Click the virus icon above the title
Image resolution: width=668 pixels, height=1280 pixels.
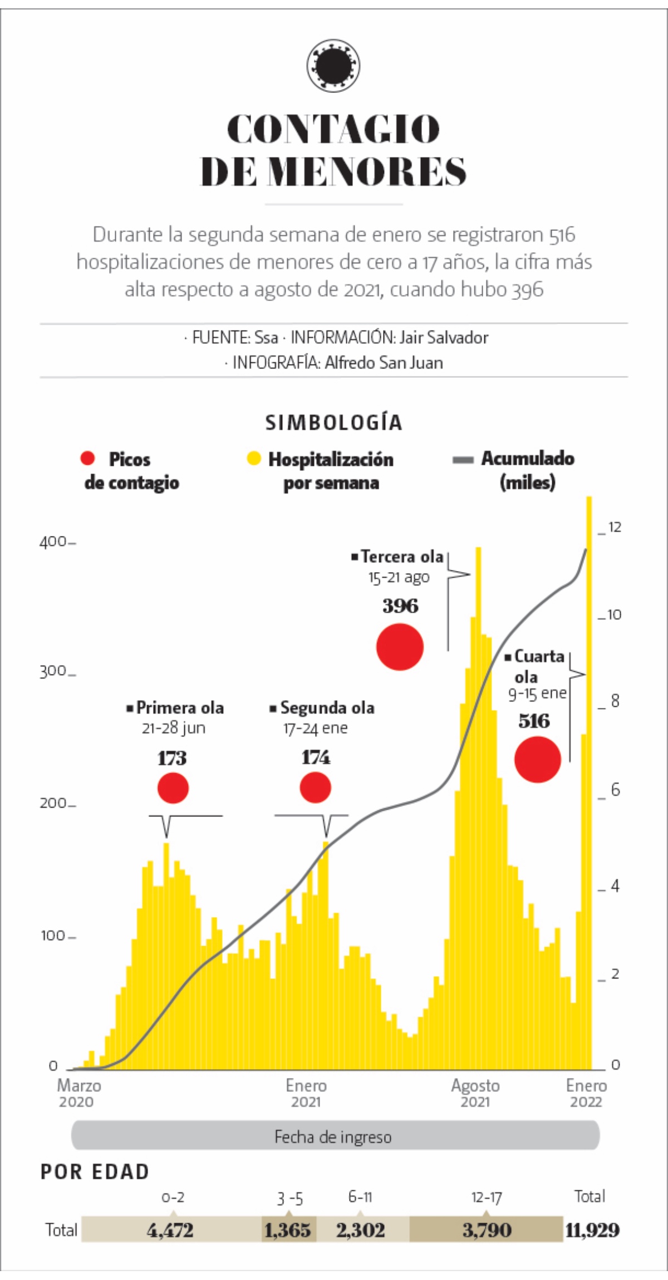pos(333,66)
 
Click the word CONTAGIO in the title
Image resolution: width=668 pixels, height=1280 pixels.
pos(333,129)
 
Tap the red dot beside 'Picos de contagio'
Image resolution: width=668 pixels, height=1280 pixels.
pos(88,458)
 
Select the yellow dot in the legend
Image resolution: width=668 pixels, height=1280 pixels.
pos(254,459)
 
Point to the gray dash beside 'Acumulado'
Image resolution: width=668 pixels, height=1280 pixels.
pos(463,460)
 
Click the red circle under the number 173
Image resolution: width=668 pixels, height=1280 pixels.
pos(173,788)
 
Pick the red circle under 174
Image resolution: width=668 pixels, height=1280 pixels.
pos(316,787)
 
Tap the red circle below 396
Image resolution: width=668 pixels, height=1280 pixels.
pos(400,647)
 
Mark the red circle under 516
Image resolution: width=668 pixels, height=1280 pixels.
pos(537,759)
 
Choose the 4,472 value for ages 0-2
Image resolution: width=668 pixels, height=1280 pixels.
pos(170,1230)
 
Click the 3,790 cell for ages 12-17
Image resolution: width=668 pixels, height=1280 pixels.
pos(487,1230)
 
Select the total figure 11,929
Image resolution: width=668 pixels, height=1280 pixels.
pos(592,1230)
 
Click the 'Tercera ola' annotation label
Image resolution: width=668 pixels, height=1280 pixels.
pos(401,557)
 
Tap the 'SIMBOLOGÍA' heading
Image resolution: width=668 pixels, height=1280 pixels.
pos(333,423)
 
